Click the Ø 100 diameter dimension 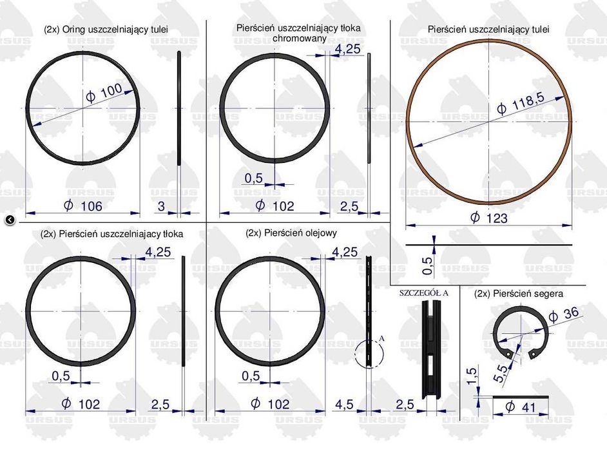tap(104, 93)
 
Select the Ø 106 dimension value tap(83, 206)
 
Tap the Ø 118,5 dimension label tap(521, 102)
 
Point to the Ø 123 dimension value tap(488, 218)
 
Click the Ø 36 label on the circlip tap(564, 314)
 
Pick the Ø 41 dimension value tap(521, 407)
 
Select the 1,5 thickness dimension tap(471, 376)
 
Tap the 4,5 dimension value tap(344, 405)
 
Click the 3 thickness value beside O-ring tap(161, 206)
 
